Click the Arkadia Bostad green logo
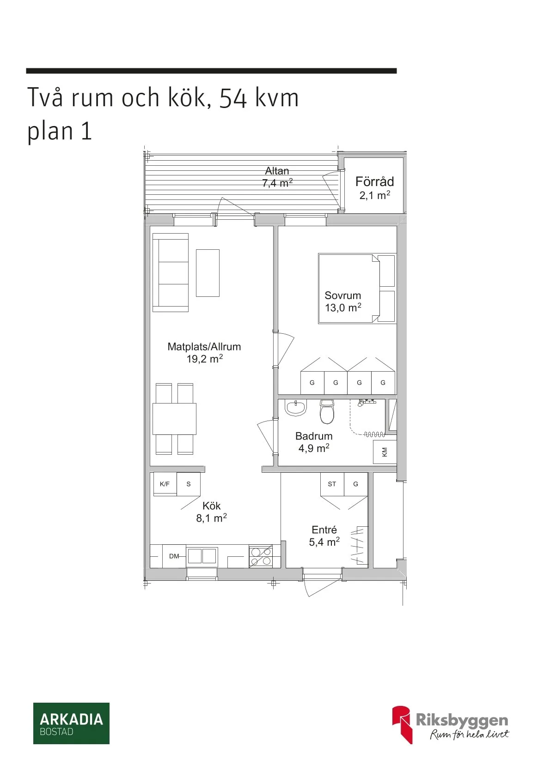click(x=71, y=723)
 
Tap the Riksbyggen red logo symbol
click(x=402, y=724)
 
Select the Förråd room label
click(x=374, y=182)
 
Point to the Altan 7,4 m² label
click(x=277, y=177)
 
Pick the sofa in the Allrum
click(x=171, y=272)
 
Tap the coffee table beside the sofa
click(x=208, y=273)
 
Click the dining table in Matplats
click(x=174, y=419)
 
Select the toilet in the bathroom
click(x=327, y=412)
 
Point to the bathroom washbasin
click(x=295, y=407)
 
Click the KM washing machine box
click(x=385, y=452)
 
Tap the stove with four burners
click(x=261, y=556)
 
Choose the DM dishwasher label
click(x=174, y=556)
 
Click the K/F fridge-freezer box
click(x=165, y=484)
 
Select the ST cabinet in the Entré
click(x=332, y=484)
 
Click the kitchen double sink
click(x=202, y=556)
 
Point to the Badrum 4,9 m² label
click(x=314, y=442)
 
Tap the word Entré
click(x=324, y=530)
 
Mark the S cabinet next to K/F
click(x=189, y=484)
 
